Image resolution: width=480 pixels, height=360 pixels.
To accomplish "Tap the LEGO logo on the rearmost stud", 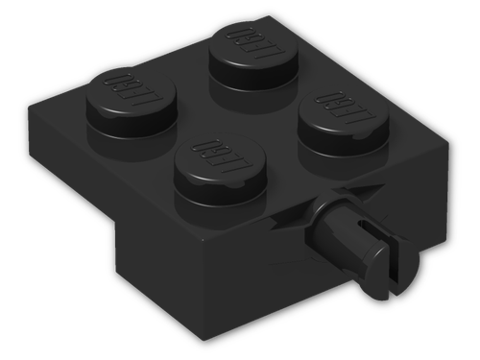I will pyautogui.click(x=243, y=44).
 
